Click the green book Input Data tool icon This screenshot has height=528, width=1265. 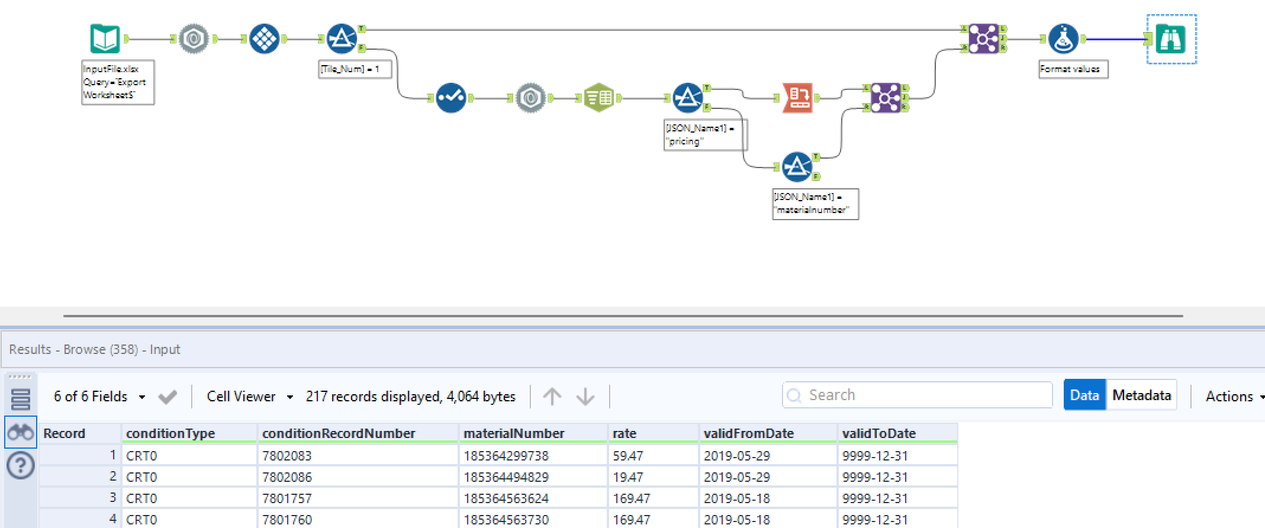coord(105,39)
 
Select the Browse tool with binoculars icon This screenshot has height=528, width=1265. coord(1171,39)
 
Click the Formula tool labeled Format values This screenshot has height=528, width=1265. coord(1063,39)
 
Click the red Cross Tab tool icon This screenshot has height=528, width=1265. coord(797,98)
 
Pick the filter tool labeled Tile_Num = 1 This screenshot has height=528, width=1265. coord(342,39)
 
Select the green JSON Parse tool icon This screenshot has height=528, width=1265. coord(598,98)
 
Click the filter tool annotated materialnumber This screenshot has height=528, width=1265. coord(797,167)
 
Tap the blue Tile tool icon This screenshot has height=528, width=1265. coord(264,39)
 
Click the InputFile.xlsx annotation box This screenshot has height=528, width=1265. coord(118,82)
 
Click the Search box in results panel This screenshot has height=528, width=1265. coord(918,395)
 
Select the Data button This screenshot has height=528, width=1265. coord(1084,395)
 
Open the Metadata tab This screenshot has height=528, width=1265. coord(1141,395)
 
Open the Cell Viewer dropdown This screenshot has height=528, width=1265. coord(249,396)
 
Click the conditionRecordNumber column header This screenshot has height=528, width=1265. coord(339,433)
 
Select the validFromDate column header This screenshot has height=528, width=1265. coord(748,433)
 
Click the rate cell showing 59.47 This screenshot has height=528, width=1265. coord(627,456)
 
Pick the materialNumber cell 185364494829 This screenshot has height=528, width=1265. coord(506,477)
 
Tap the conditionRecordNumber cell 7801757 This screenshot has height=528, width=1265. coord(287,498)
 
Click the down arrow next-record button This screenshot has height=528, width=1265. coord(585,396)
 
